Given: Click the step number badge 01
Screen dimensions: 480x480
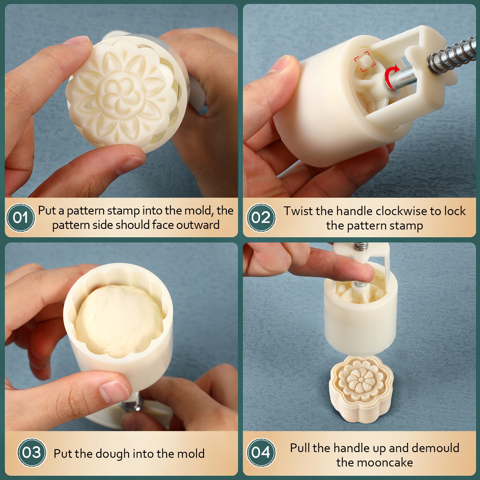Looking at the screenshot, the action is pos(20,217).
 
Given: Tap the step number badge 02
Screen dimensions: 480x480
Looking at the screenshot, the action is pos(261,217).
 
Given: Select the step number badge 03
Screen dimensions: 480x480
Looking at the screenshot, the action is pos(31,452).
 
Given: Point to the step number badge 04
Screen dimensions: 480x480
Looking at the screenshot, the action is pos(261,452).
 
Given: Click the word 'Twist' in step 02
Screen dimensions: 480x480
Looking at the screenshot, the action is pos(298,211).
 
